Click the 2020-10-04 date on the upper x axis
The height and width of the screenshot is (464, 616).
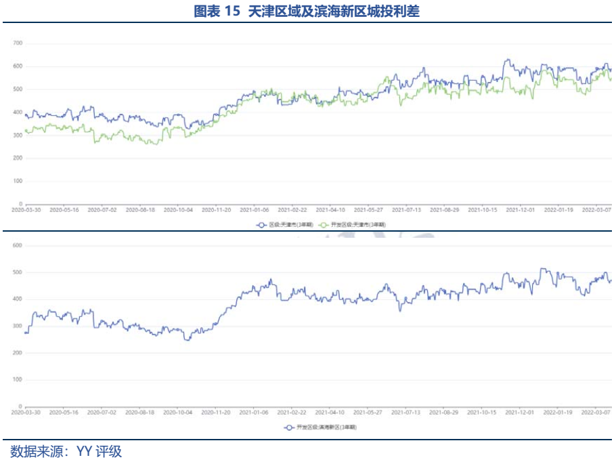179,210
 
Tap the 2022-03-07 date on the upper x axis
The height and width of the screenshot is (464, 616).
597,210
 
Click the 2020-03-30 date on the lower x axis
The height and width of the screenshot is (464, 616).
26,412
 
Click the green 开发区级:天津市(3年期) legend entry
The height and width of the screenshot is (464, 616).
353,224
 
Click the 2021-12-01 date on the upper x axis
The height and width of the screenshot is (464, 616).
521,210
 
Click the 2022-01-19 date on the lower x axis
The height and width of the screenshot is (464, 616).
559,412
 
